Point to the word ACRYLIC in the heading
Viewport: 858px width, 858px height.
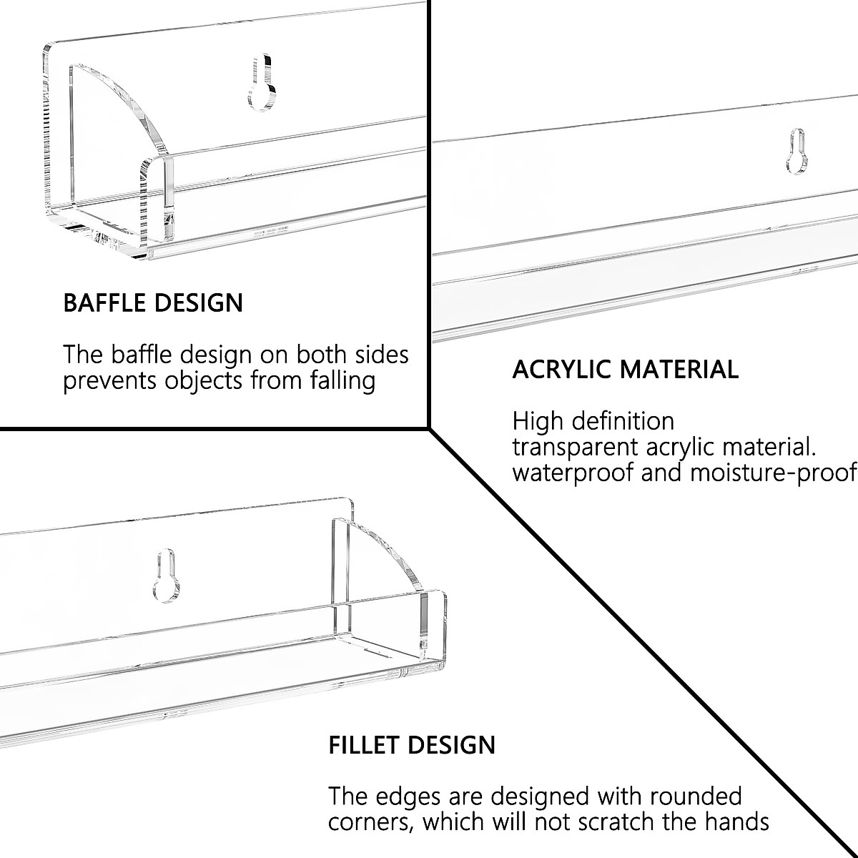562,370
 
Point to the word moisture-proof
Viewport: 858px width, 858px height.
772,473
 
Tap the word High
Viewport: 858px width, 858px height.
538,421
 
